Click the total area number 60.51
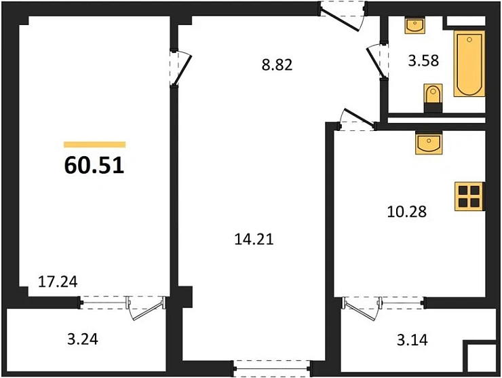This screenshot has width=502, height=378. pos(94,165)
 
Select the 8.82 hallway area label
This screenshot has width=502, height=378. pos(277,66)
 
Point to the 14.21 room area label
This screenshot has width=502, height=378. pos(252,239)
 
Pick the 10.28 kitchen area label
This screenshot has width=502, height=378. pos(406,210)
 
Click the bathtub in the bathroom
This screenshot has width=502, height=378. pos(470,64)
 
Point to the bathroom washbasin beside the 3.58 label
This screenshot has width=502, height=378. pos(414,26)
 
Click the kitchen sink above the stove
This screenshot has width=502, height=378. pos(428,143)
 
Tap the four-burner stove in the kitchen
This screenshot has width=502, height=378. pos(469,196)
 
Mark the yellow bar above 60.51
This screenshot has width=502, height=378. pos(94,145)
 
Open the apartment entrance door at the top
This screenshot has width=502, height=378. pos(341,15)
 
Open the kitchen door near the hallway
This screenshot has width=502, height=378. pos(357,119)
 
